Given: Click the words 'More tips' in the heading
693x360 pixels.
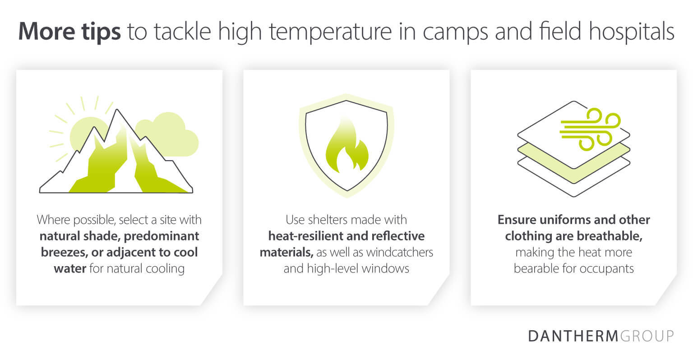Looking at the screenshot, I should tap(69, 32).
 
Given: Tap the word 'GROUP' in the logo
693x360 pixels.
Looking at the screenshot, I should tap(647, 337).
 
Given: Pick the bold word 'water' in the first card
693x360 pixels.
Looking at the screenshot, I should tap(70, 268).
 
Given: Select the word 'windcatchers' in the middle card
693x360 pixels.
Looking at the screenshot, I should tap(399, 252).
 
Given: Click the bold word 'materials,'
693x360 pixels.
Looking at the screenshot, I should tap(286, 252).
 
